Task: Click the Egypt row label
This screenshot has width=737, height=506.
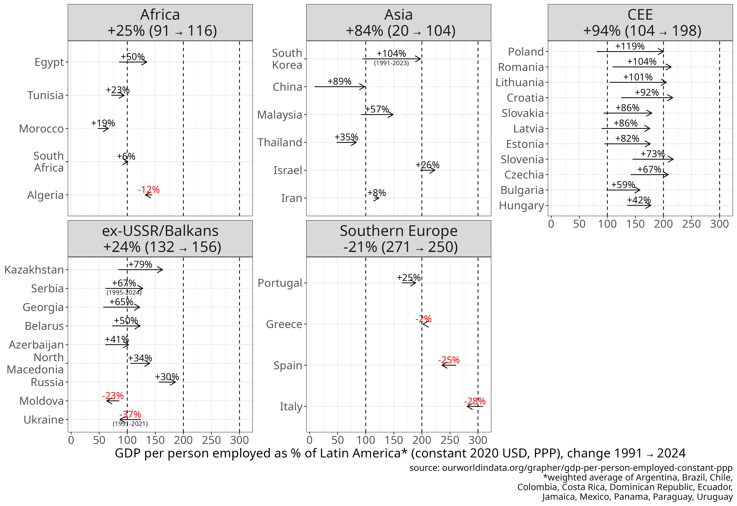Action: [49, 62]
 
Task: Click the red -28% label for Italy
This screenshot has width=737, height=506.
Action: [475, 401]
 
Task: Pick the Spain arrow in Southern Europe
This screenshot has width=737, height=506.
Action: [448, 365]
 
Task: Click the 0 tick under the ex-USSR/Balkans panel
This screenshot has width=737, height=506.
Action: [71, 440]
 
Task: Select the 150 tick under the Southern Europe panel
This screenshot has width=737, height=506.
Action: [394, 440]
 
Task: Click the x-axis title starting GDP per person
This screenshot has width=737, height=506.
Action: [400, 453]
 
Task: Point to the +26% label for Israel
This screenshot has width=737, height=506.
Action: [427, 165]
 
